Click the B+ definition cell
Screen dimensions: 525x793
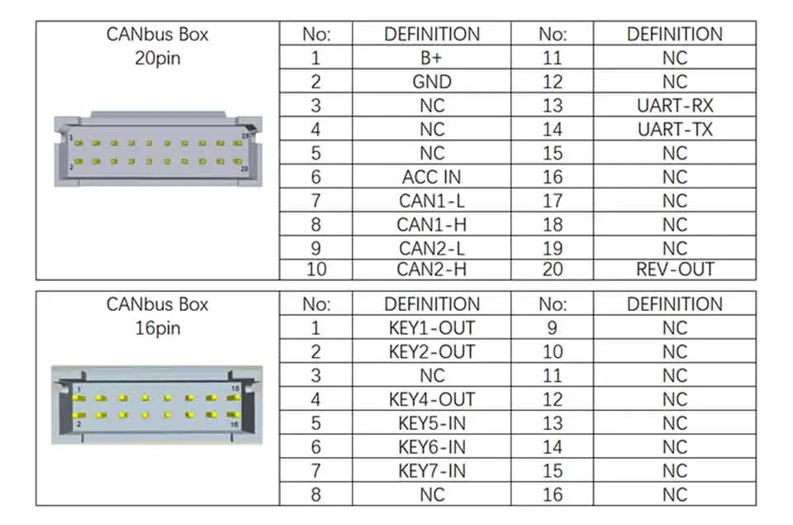(x=431, y=58)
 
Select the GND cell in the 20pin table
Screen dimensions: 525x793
(x=431, y=82)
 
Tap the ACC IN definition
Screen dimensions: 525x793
(x=431, y=177)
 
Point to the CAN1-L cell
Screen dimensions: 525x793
(x=431, y=201)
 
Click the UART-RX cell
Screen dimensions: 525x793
(x=674, y=106)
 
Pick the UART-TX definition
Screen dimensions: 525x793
(x=674, y=130)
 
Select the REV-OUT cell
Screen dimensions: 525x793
(x=674, y=270)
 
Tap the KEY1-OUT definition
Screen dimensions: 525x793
(x=431, y=328)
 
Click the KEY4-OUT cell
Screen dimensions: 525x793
(x=431, y=400)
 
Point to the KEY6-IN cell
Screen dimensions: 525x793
(x=431, y=447)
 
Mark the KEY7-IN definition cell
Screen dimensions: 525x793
(x=431, y=471)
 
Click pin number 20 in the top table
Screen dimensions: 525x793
(x=552, y=270)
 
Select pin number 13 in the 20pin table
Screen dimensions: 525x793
(x=552, y=106)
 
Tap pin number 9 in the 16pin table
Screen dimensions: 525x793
(x=552, y=328)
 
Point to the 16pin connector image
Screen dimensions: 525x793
(x=157, y=404)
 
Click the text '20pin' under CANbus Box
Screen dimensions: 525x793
(x=157, y=59)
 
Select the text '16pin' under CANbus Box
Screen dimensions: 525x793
(x=157, y=328)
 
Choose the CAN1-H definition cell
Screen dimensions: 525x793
(x=431, y=225)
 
